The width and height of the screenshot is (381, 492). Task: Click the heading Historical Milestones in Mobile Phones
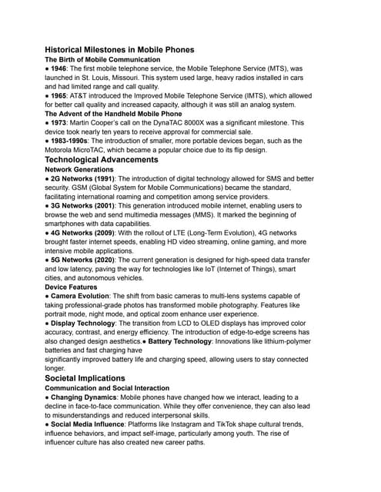[x=119, y=49]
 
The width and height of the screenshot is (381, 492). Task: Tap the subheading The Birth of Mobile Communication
[x=102, y=59]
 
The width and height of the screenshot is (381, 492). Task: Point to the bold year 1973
[x=62, y=123]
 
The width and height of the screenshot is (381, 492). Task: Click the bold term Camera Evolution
[x=85, y=297]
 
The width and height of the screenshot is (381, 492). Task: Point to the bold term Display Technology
[x=83, y=324]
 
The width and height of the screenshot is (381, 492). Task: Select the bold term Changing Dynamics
[x=87, y=398]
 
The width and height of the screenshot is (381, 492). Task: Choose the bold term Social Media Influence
[x=92, y=425]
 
